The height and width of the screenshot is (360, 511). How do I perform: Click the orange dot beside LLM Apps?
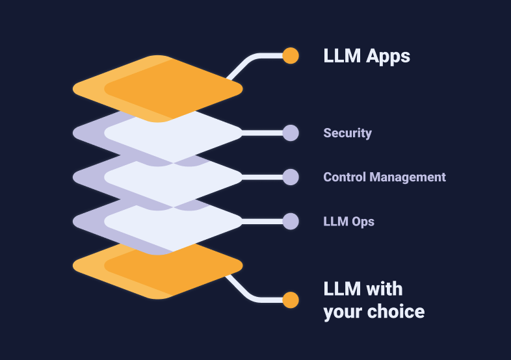(x=291, y=56)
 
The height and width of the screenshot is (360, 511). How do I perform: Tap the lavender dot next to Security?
(x=291, y=133)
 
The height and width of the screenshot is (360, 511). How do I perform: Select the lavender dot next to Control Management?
(x=291, y=177)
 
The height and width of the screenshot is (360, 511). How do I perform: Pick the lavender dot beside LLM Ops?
(x=291, y=222)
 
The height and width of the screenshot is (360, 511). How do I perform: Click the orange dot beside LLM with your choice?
(x=291, y=300)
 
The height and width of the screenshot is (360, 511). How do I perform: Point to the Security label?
(x=347, y=133)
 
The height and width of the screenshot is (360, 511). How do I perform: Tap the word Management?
(x=408, y=177)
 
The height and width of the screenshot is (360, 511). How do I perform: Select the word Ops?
(x=363, y=222)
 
